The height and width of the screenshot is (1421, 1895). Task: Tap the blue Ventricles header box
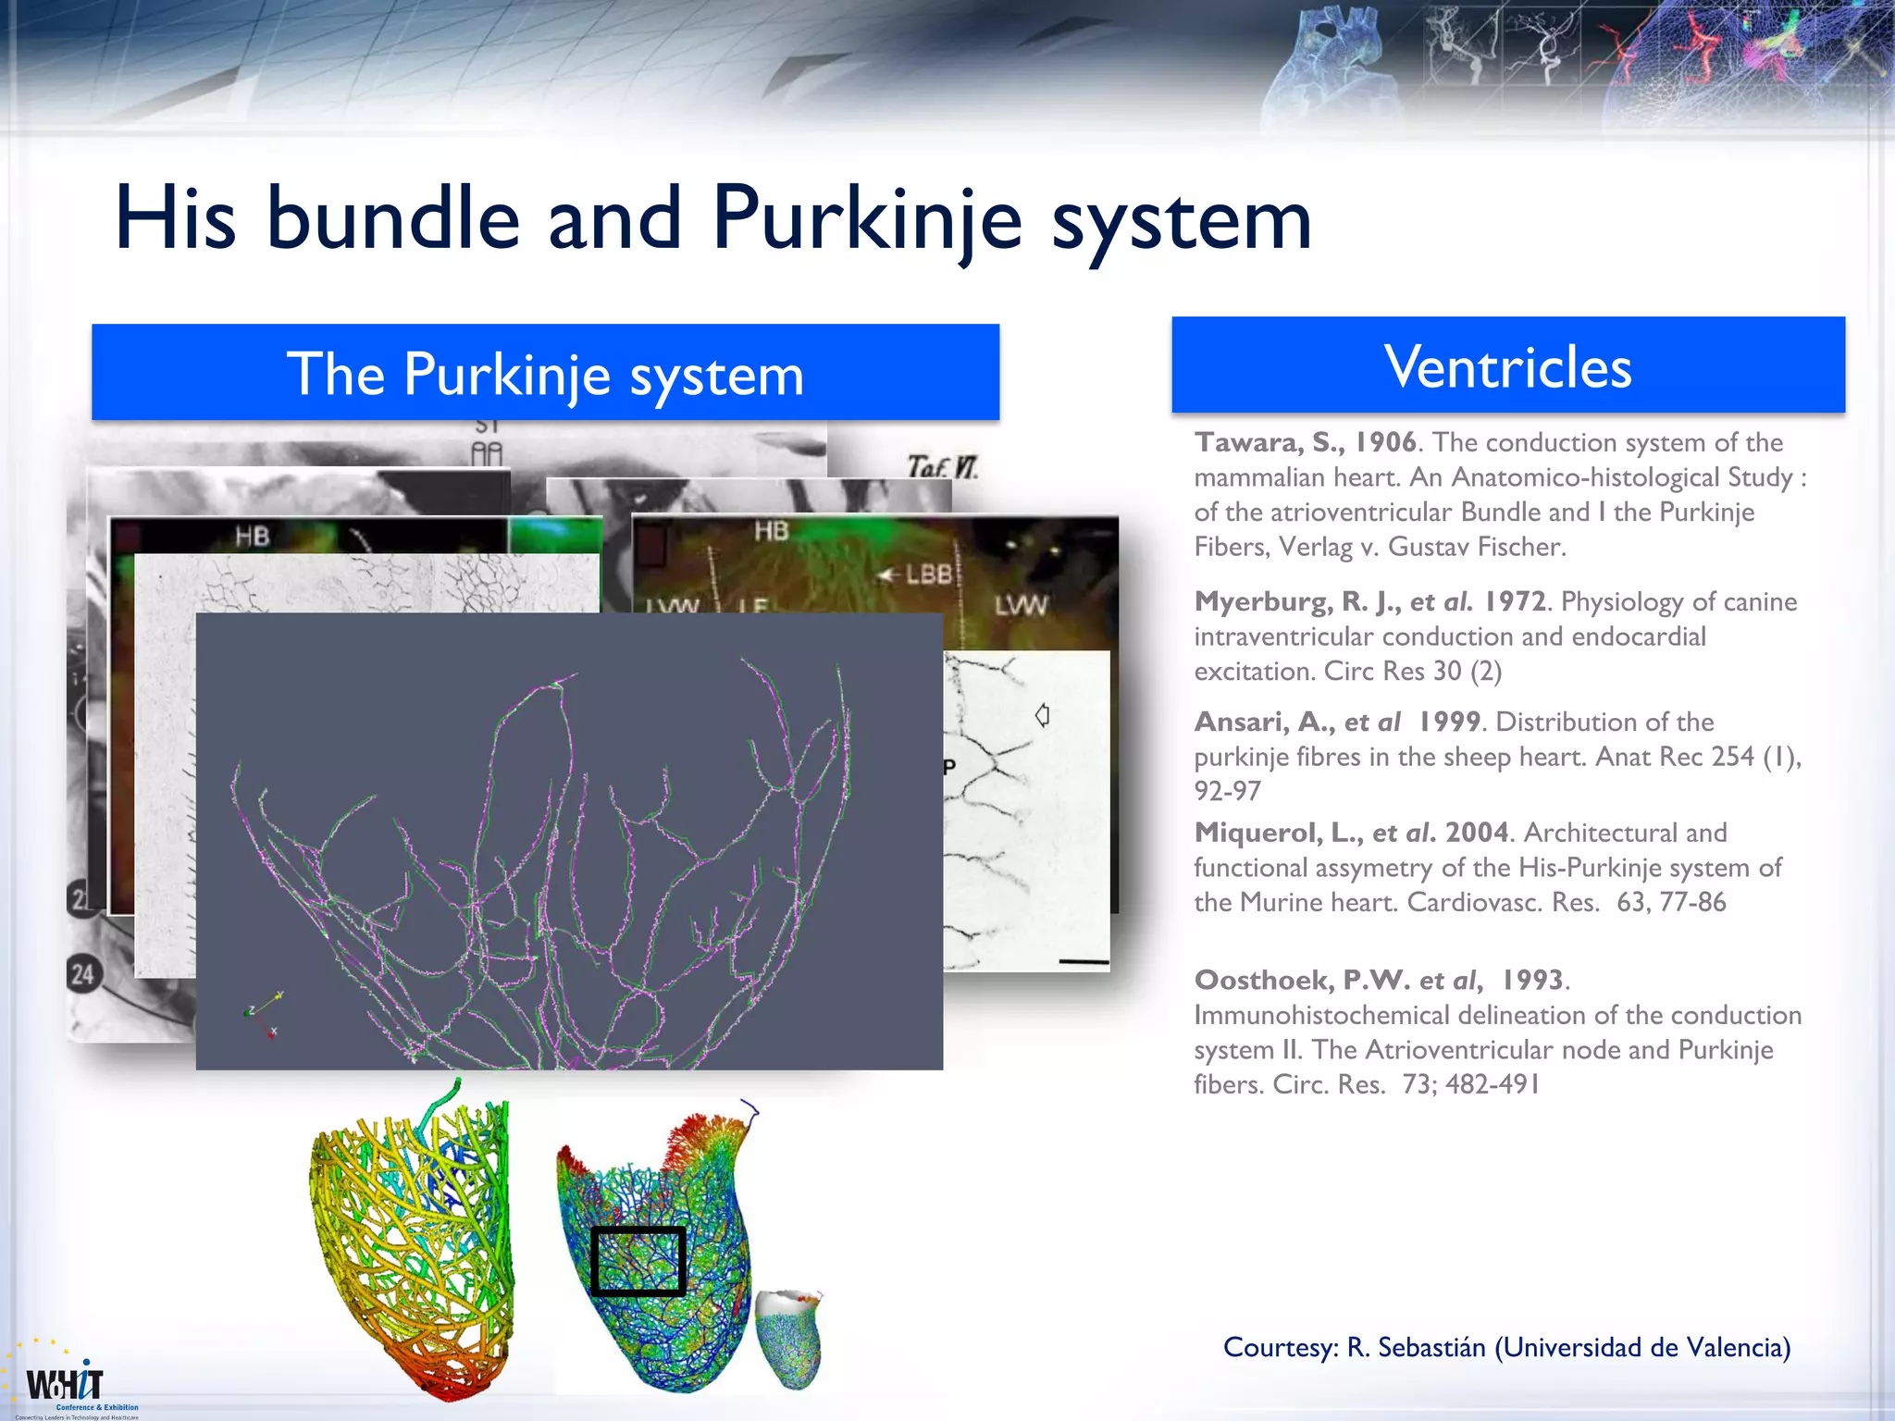(x=1507, y=365)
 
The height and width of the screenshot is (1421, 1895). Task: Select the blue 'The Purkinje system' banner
(x=545, y=373)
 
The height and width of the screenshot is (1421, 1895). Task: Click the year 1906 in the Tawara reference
(x=1385, y=442)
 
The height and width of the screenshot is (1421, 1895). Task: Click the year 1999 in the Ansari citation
(x=1449, y=722)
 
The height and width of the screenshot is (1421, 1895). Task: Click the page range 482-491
(x=1492, y=1084)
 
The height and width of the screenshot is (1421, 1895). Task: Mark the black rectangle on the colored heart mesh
(x=638, y=1261)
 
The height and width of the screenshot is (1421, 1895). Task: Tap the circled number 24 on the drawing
(x=82, y=974)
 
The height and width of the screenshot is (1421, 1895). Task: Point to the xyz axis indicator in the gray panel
(x=265, y=1013)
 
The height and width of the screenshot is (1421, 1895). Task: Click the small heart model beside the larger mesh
(x=788, y=1338)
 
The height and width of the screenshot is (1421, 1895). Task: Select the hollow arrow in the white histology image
(x=1042, y=715)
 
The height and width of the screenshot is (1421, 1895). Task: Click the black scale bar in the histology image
(x=1083, y=962)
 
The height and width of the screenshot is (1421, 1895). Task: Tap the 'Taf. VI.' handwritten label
(x=942, y=466)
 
